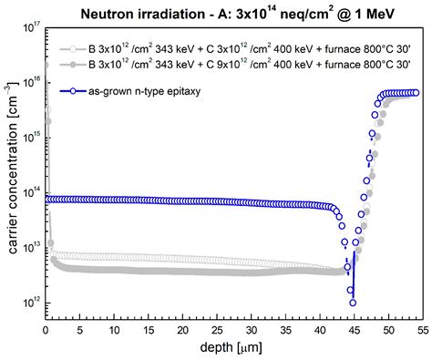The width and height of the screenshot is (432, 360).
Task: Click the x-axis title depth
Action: point(231,348)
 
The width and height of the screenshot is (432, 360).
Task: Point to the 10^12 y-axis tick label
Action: point(28,303)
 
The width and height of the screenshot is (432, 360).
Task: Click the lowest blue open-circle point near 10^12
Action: point(353,303)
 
